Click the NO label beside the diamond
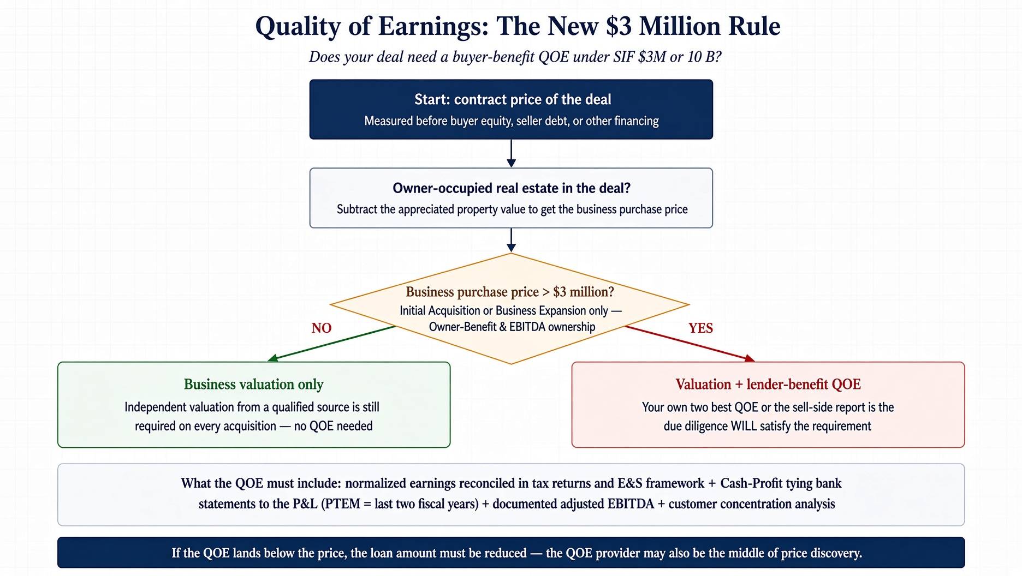pos(322,328)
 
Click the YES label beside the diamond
pos(700,328)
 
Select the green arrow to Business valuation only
pos(332,343)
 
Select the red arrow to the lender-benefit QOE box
pos(690,344)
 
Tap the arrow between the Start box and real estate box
pos(511,153)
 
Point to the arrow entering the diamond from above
pos(511,240)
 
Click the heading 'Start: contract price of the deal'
pos(513,99)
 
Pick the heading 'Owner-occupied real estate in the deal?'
pos(512,188)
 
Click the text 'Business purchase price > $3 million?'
pos(510,292)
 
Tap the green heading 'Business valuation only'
pos(254,384)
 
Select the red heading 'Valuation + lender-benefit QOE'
pos(768,384)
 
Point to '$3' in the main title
pos(619,26)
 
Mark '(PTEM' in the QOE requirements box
pos(342,503)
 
